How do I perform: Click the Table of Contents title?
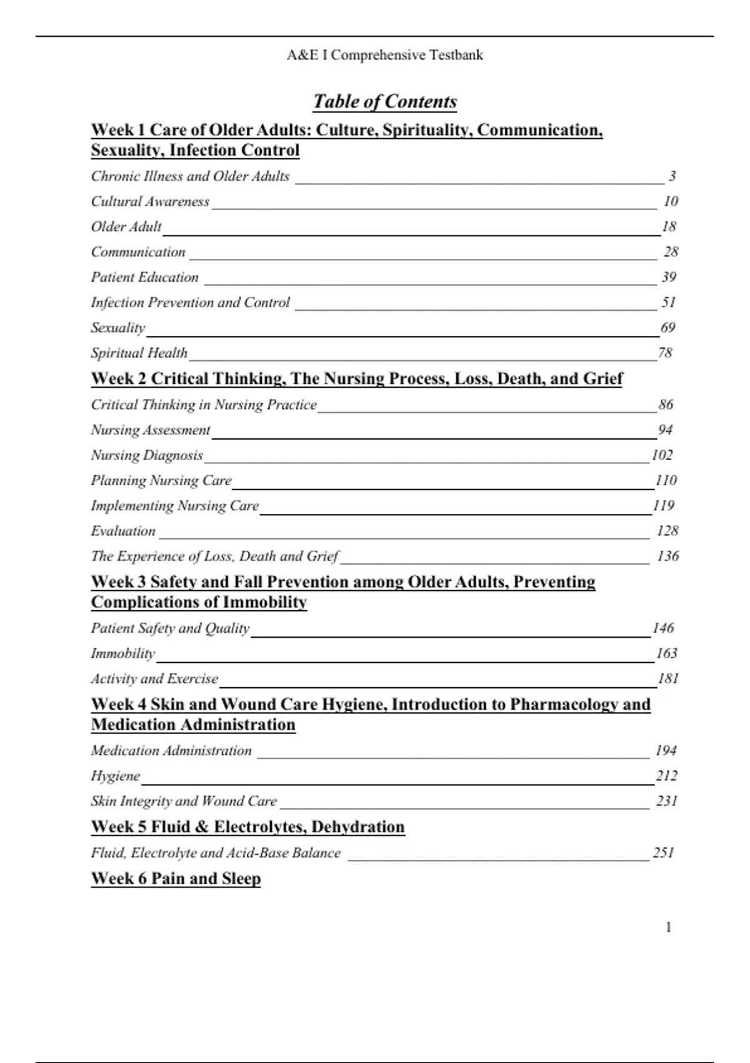pyautogui.click(x=385, y=101)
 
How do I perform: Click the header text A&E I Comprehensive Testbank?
pyautogui.click(x=385, y=55)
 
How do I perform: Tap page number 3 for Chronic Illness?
pyautogui.click(x=672, y=176)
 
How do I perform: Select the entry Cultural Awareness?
pyautogui.click(x=150, y=201)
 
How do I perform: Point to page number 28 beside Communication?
pyautogui.click(x=671, y=252)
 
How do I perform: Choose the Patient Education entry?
pyautogui.click(x=144, y=277)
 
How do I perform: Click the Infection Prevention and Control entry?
pyautogui.click(x=190, y=303)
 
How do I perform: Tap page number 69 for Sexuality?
pyautogui.click(x=667, y=328)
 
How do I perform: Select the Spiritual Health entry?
pyautogui.click(x=139, y=353)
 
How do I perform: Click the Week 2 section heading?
pyautogui.click(x=357, y=379)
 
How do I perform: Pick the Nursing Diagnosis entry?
pyautogui.click(x=147, y=455)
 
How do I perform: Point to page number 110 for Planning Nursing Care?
pyautogui.click(x=666, y=480)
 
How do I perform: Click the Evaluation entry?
pyautogui.click(x=123, y=531)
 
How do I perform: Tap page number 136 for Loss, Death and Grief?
pyautogui.click(x=667, y=556)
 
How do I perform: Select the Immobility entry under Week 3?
pyautogui.click(x=122, y=653)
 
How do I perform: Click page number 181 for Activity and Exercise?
pyautogui.click(x=667, y=678)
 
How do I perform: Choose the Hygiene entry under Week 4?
pyautogui.click(x=116, y=776)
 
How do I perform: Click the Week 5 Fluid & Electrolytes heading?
pyautogui.click(x=247, y=827)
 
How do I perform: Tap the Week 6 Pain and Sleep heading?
pyautogui.click(x=176, y=879)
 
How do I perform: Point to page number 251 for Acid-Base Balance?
pyautogui.click(x=663, y=853)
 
